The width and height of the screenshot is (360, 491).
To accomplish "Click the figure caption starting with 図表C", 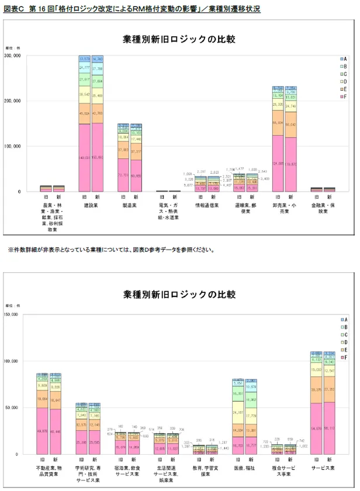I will [x=131, y=9].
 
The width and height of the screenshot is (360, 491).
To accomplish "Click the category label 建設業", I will [x=91, y=206].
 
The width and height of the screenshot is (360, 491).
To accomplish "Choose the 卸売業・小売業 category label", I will [x=285, y=209].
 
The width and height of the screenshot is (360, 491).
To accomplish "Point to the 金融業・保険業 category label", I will [x=323, y=209].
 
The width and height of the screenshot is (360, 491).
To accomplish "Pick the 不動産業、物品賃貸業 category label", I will [x=49, y=471].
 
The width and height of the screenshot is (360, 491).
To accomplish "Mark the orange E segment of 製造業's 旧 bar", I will [x=123, y=150].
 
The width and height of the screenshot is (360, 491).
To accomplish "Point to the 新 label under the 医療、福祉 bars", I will [x=252, y=459].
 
